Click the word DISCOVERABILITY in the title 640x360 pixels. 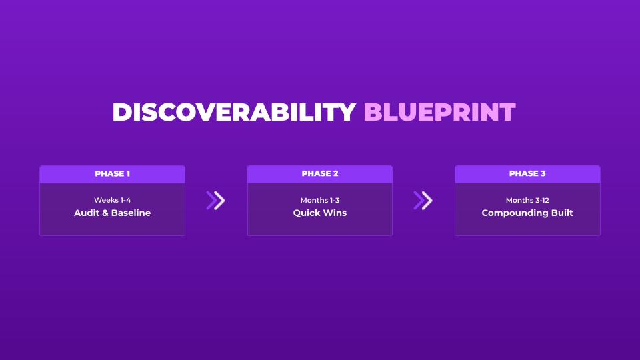tap(234, 112)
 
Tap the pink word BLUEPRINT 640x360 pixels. tap(439, 112)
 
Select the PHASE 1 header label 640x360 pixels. tap(112, 173)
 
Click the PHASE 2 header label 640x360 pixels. tap(320, 173)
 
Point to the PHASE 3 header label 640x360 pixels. tap(527, 173)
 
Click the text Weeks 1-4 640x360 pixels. tap(112, 200)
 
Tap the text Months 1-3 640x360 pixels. tap(320, 200)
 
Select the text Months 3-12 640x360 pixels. tap(527, 200)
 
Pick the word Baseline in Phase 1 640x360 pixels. tap(131, 213)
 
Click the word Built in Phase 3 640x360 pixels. tap(562, 213)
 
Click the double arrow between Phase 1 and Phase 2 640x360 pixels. tap(215, 201)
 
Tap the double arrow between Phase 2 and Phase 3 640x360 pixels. tap(423, 201)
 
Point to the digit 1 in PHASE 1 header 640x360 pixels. tap(128, 173)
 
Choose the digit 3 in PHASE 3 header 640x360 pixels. tap(543, 173)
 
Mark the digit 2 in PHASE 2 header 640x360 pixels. tap(335, 173)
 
